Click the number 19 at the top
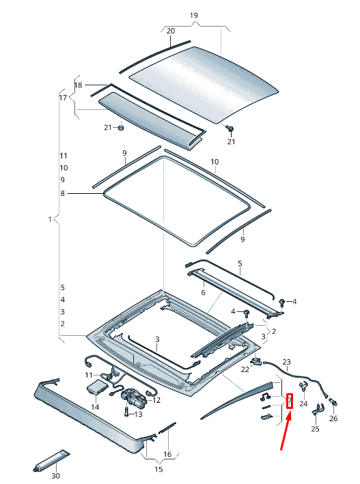(x=193, y=15)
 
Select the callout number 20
(x=170, y=31)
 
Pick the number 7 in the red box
(x=290, y=400)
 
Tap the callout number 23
(x=286, y=362)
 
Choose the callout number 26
(x=333, y=418)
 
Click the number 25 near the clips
(x=315, y=429)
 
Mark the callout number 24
(x=303, y=404)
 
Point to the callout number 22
(x=245, y=369)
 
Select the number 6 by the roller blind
(x=203, y=293)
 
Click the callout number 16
(x=167, y=454)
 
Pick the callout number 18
(x=78, y=85)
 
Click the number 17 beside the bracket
(x=64, y=98)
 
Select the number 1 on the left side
(x=50, y=219)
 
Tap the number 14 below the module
(x=95, y=407)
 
